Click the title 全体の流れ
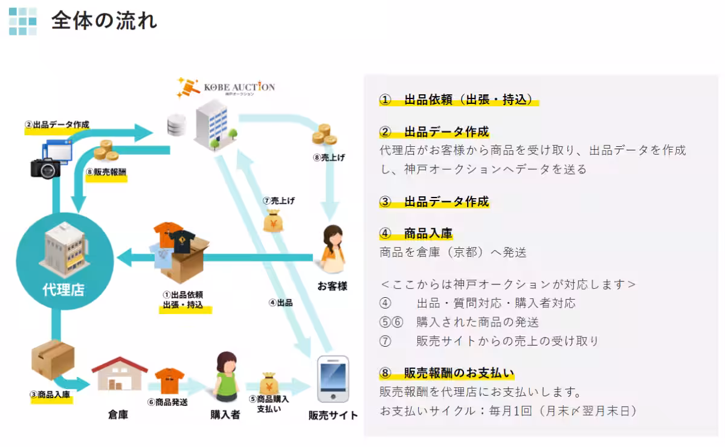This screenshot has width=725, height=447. coord(104,21)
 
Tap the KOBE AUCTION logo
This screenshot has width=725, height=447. coord(226,88)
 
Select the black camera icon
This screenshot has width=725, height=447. coord(46,167)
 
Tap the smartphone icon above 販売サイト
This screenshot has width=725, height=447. coord(333,379)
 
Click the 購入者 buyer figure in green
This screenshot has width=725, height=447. coord(225,378)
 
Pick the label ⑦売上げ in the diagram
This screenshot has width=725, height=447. coord(279,200)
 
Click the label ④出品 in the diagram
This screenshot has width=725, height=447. coord(280,303)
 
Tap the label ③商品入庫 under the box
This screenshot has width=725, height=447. coord(50,395)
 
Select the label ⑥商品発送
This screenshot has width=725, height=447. coord(167,401)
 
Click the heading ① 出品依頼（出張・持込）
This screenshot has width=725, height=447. coord(459,100)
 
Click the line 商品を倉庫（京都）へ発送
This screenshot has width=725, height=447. coord(453,252)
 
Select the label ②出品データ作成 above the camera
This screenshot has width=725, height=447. coord(57,125)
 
